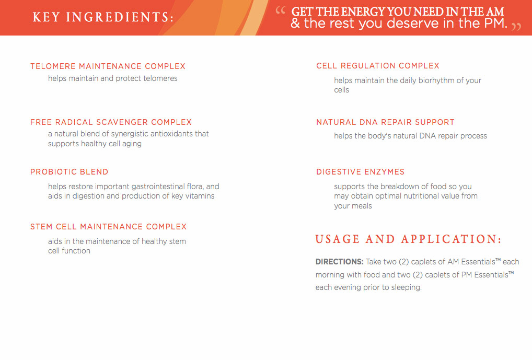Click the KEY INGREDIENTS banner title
pos(103,17)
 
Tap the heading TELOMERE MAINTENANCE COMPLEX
pos(108,66)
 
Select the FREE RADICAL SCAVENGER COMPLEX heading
pos(111,122)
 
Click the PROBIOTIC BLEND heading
pos(69,172)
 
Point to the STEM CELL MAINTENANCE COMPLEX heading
pos(109,227)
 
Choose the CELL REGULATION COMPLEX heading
pos(378,66)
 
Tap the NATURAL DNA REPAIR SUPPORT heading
pos(386,122)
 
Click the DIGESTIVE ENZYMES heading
pos(360,172)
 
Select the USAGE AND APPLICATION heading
pos(409,239)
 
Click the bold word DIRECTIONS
pos(340,262)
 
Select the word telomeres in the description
pos(160,78)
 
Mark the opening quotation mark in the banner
pos(280,10)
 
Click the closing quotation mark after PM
pos(516,27)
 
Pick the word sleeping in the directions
pos(407,288)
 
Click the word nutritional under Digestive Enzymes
pos(406,196)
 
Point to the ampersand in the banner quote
pos(295,24)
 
